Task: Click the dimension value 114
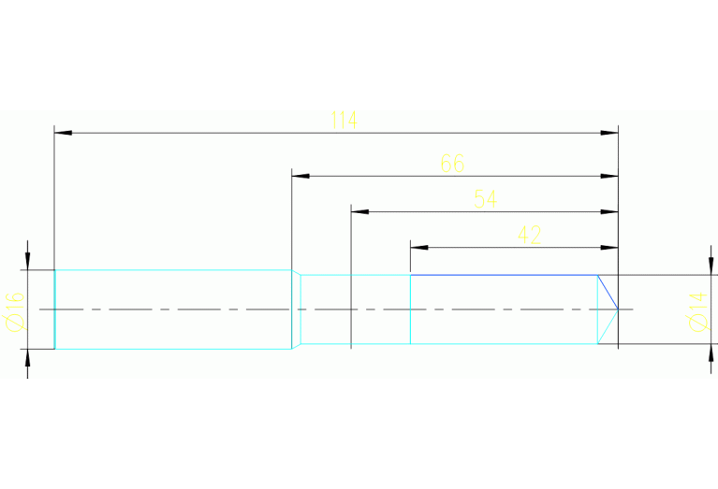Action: [344, 121]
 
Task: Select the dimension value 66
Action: [452, 164]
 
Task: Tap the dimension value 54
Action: [485, 199]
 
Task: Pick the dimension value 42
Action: [529, 235]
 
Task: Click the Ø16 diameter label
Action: [14, 309]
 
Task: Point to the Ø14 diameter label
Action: [696, 310]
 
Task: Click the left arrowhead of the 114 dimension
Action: [62, 133]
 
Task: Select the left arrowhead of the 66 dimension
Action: [299, 176]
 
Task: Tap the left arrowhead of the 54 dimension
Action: [359, 211]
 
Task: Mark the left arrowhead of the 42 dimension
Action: [418, 248]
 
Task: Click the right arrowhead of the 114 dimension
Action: [611, 133]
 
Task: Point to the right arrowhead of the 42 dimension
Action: [611, 248]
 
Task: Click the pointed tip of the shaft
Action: [618, 309]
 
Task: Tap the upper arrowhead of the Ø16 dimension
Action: [28, 261]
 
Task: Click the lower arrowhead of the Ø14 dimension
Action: [709, 352]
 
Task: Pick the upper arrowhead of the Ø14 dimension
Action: [709, 267]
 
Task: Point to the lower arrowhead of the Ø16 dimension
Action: [28, 356]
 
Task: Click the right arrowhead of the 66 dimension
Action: [611, 176]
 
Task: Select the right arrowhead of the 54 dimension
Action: [611, 211]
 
